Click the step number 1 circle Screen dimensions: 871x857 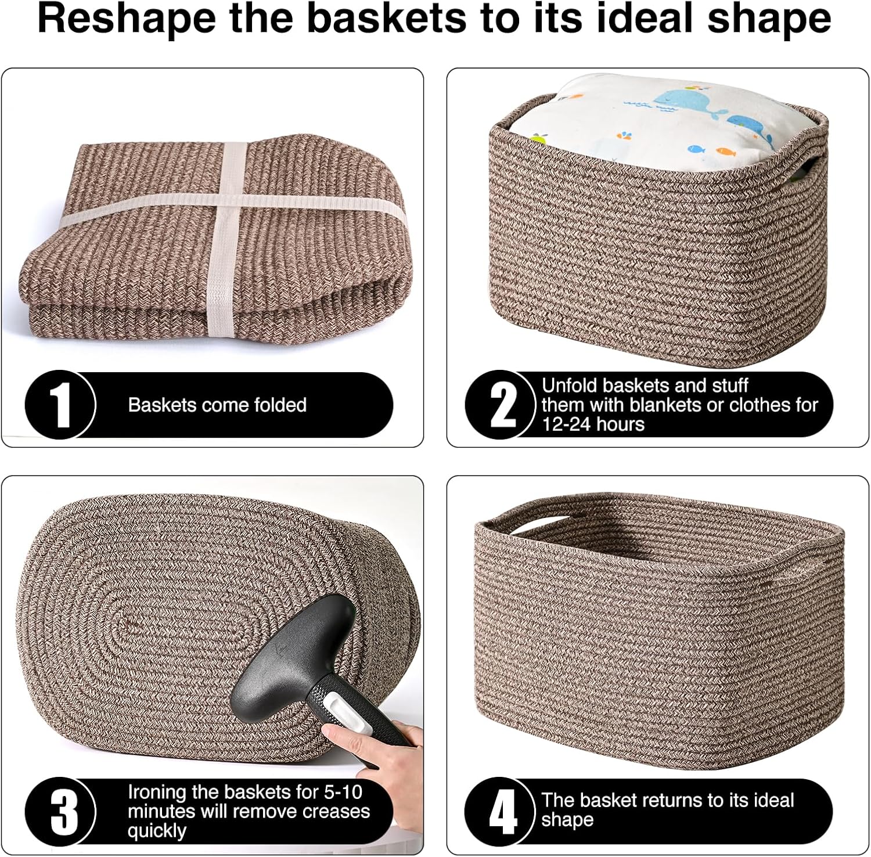click(60, 405)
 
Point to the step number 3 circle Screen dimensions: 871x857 click(60, 812)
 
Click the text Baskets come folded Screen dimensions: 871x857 click(217, 405)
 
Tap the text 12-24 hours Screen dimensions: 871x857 click(593, 424)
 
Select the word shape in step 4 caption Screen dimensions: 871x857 click(567, 820)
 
